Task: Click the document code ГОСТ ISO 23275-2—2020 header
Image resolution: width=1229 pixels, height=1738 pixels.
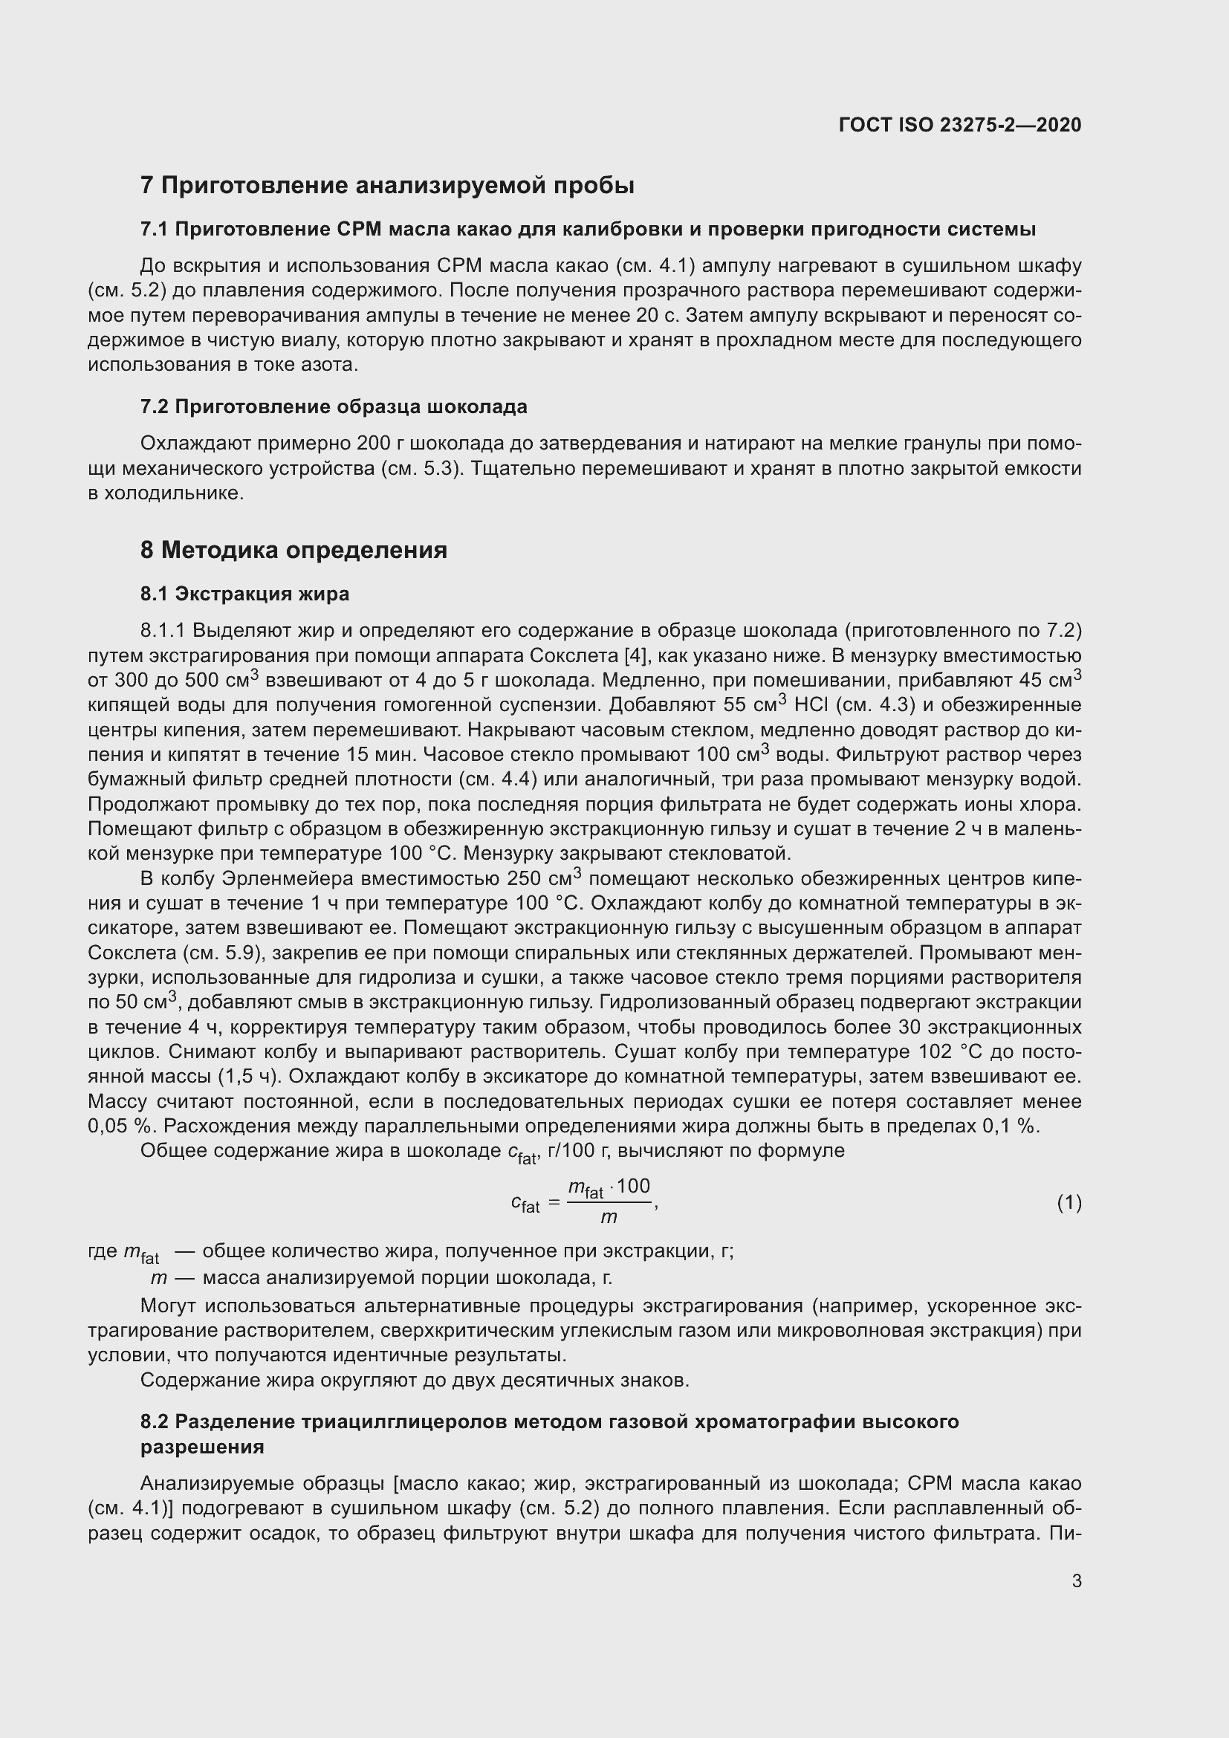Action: tap(959, 125)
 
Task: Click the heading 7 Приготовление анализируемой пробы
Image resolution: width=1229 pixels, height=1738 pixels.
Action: tap(386, 186)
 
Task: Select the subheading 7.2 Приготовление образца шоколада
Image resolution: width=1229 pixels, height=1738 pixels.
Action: tap(334, 406)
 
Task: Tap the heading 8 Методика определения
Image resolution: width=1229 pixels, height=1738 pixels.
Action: tap(294, 550)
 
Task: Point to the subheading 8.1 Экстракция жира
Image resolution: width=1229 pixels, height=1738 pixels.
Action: tap(244, 594)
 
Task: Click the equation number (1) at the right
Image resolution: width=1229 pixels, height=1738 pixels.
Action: tap(1069, 1203)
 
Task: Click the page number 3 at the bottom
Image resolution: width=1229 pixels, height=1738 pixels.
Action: tap(1076, 1580)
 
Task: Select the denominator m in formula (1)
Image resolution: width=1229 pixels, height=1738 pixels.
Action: tap(609, 1217)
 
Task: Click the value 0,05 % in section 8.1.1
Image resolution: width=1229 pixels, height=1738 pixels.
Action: tap(118, 1126)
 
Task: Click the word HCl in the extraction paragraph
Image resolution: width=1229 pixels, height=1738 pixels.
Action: tap(811, 704)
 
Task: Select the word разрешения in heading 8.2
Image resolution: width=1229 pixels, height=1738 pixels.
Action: tap(202, 1447)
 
